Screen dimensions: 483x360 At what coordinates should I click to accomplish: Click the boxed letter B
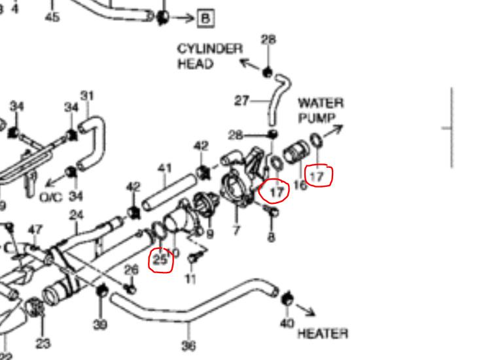pyautogui.click(x=206, y=18)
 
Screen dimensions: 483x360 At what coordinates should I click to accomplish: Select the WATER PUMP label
pyautogui.click(x=321, y=110)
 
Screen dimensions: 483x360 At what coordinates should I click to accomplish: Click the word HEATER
pyautogui.click(x=322, y=334)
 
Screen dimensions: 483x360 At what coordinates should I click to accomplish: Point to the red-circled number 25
pyautogui.click(x=161, y=259)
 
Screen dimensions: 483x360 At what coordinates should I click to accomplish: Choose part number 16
pyautogui.click(x=300, y=185)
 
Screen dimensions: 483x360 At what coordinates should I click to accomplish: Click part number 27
pyautogui.click(x=242, y=101)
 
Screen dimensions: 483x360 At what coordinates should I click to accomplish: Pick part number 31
pyautogui.click(x=87, y=96)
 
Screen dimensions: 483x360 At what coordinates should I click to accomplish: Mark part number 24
pyautogui.click(x=77, y=214)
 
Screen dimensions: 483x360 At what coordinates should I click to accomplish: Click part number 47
pyautogui.click(x=35, y=229)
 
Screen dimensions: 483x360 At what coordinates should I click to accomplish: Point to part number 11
pyautogui.click(x=190, y=280)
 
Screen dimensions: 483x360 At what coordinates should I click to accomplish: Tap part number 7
pyautogui.click(x=237, y=230)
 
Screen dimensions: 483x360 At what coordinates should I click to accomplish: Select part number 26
pyautogui.click(x=132, y=269)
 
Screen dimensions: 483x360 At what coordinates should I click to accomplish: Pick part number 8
pyautogui.click(x=271, y=238)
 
